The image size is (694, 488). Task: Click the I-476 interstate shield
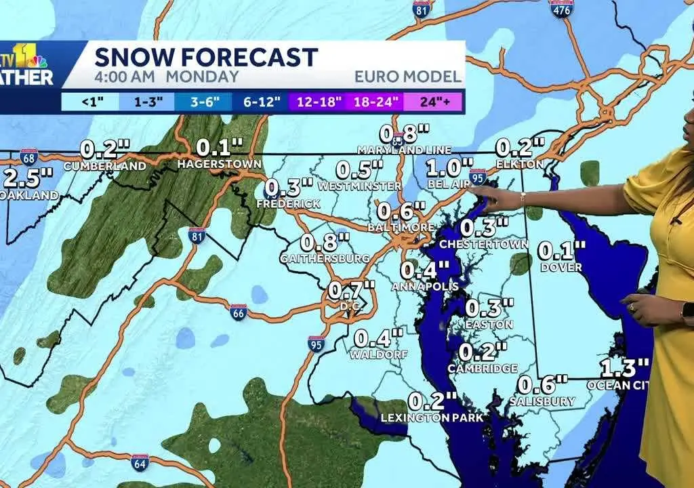pos(561,8)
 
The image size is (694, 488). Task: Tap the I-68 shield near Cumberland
pos(28,157)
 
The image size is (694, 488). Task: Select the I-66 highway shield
pos(238,312)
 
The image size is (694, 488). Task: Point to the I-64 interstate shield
pos(140,462)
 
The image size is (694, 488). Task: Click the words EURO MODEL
pos(407,77)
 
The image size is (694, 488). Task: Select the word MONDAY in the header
pos(203,77)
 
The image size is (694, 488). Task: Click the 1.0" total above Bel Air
pos(449,167)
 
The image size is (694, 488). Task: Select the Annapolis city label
pos(425,287)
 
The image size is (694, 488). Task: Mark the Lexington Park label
pos(432,418)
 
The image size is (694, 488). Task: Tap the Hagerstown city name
pos(219,164)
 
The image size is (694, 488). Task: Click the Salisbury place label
pos(546,401)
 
